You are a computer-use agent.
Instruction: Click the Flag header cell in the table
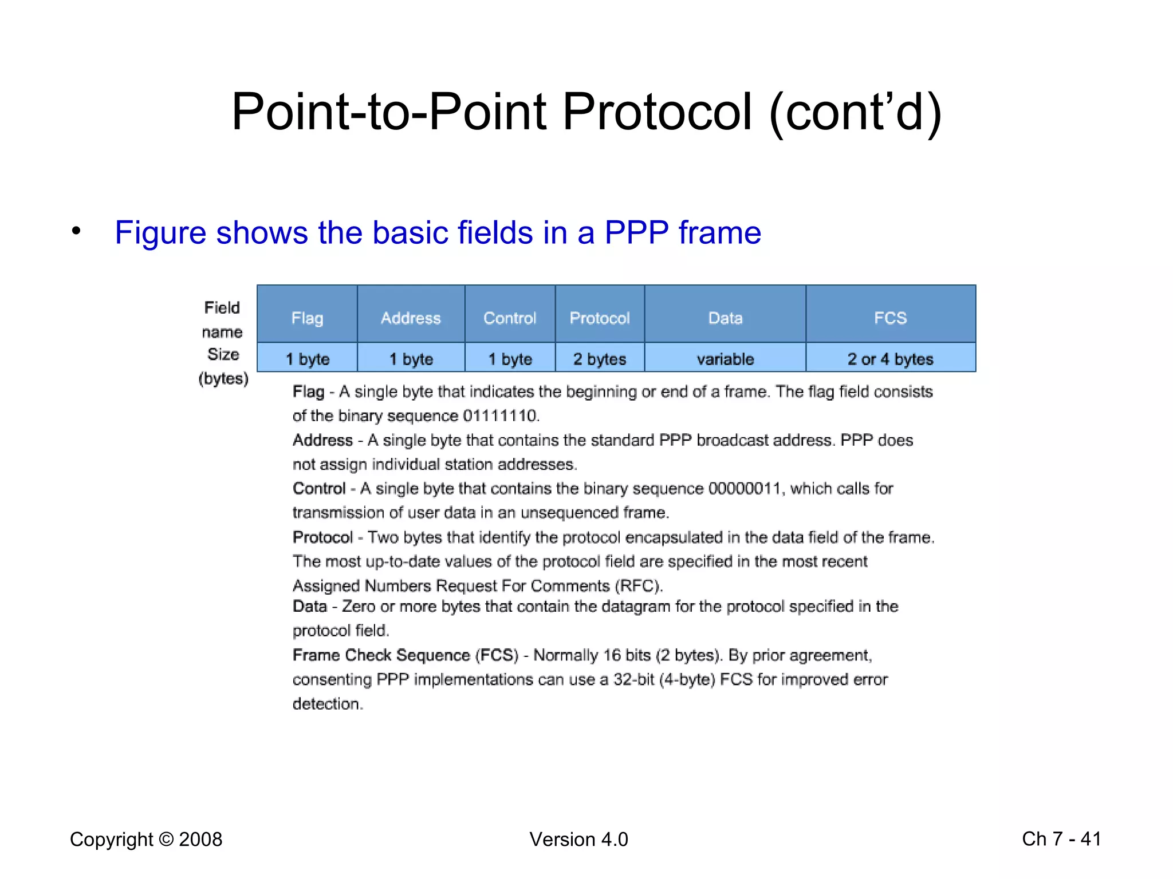[x=307, y=318]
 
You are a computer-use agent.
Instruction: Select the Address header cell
[x=411, y=318]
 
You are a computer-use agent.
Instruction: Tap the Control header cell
[x=510, y=318]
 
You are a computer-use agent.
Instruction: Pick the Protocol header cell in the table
[x=600, y=318]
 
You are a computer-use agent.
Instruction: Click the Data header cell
[x=725, y=318]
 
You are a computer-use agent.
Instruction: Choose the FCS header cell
[x=890, y=318]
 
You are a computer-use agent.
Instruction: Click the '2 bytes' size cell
[x=600, y=359]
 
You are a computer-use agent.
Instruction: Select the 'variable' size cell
[x=725, y=359]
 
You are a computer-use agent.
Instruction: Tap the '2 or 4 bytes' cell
[x=890, y=359]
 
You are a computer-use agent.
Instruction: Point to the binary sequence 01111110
[x=501, y=415]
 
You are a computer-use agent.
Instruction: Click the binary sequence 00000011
[x=745, y=489]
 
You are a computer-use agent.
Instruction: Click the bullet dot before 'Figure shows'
[x=76, y=231]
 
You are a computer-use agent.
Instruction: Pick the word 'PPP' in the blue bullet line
[x=636, y=233]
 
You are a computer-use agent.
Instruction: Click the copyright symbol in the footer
[x=166, y=840]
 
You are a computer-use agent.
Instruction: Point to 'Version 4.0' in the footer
[x=578, y=840]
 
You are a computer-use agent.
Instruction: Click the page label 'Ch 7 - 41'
[x=1061, y=839]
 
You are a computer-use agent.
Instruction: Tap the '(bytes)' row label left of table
[x=223, y=379]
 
